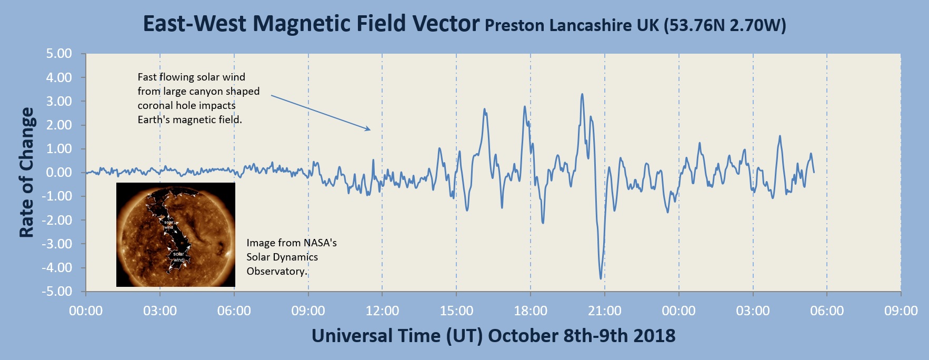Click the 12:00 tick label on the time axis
click(x=382, y=311)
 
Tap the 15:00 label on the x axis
click(x=456, y=311)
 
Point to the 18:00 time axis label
click(x=531, y=311)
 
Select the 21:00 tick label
click(x=605, y=311)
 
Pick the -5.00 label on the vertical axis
click(x=57, y=292)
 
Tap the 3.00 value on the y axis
click(x=59, y=102)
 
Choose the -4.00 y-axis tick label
click(x=57, y=268)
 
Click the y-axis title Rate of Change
click(x=26, y=173)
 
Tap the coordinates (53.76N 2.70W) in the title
click(x=725, y=25)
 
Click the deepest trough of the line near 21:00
click(x=601, y=278)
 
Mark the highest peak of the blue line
click(x=582, y=94)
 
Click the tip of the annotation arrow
click(x=370, y=129)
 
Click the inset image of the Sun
click(x=176, y=235)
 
